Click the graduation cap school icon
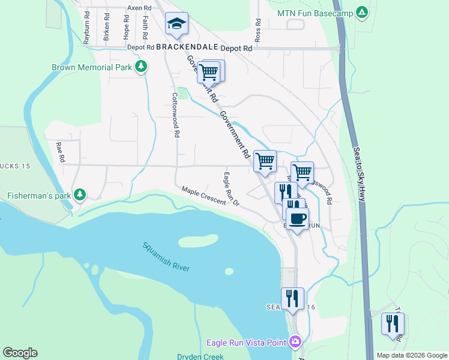(x=176, y=23)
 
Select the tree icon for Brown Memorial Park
(x=141, y=67)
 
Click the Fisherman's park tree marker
(x=79, y=195)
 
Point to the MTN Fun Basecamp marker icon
(x=361, y=12)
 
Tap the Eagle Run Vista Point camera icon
(x=295, y=343)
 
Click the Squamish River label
(x=166, y=256)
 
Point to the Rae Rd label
(x=60, y=153)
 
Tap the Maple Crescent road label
(x=204, y=196)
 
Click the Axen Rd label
(x=139, y=8)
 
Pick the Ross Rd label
(x=258, y=29)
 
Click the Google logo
(x=20, y=353)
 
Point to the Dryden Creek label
(x=200, y=356)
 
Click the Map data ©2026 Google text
(x=411, y=355)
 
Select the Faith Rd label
(x=145, y=26)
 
